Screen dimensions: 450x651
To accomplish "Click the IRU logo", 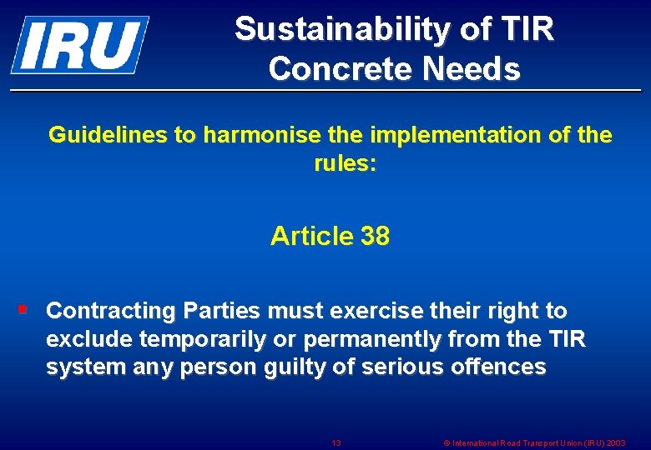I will coord(79,44).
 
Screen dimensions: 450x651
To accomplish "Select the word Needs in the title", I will coord(472,69).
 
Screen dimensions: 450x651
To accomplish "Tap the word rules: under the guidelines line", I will coord(345,163).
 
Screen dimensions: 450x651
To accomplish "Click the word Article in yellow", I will coord(312,237).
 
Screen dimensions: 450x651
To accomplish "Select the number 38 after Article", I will coord(376,237).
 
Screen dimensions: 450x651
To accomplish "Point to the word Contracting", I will coord(111,311).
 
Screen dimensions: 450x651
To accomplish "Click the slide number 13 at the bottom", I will coord(336,442).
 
